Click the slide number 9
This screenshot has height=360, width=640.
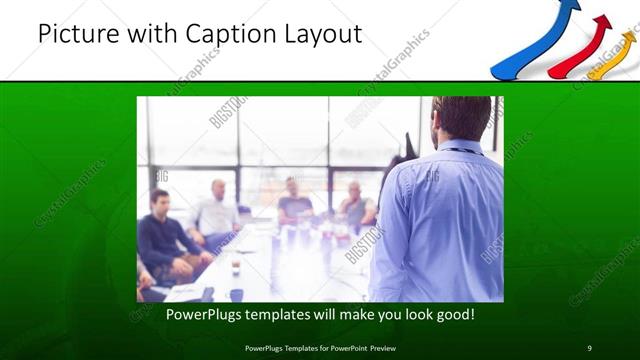pos(590,347)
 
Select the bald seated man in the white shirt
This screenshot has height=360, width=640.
pos(217,211)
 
